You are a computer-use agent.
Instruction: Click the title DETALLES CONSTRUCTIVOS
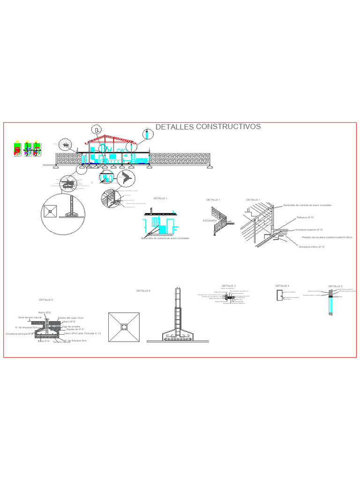pos(208,127)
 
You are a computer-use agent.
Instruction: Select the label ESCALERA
pos(209,220)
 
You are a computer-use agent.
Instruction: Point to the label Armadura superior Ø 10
pos(308,230)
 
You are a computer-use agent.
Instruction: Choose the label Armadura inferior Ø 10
pos(312,246)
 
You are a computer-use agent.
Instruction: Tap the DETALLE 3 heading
pos(228,285)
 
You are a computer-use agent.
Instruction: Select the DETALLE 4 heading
pos(282,285)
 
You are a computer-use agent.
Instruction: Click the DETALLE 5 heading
pos(335,286)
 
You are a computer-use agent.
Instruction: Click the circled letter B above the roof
pos(96,130)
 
